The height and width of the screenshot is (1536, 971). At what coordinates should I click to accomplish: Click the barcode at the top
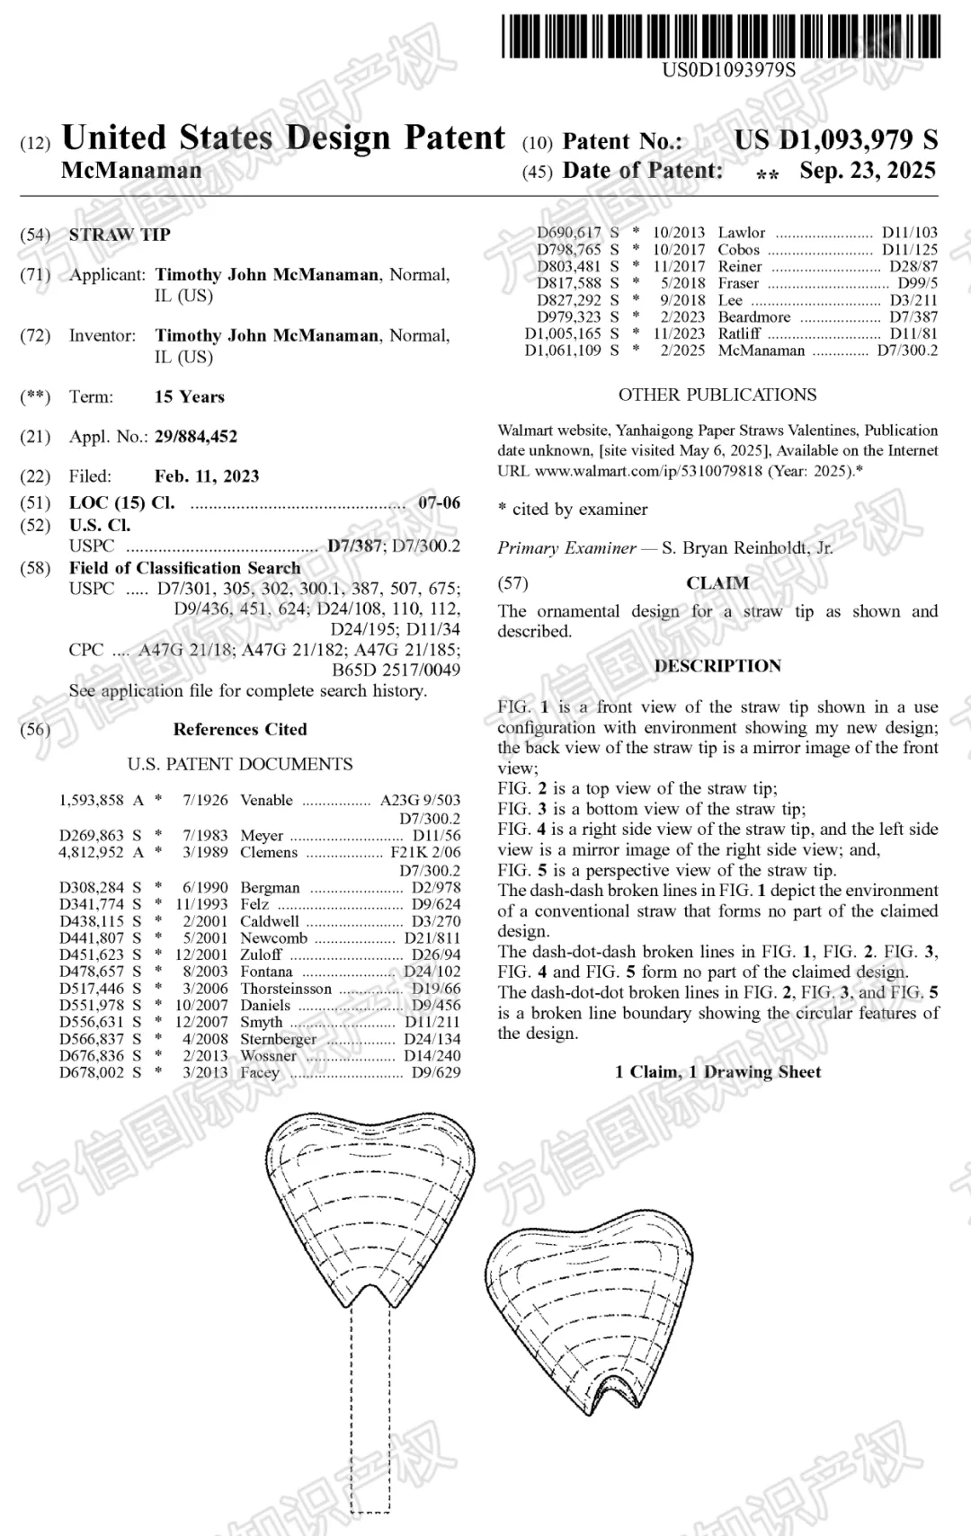pyautogui.click(x=721, y=36)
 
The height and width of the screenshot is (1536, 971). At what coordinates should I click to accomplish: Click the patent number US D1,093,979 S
pyautogui.click(x=835, y=139)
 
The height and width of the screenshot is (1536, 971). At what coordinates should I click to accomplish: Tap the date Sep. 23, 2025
pyautogui.click(x=868, y=171)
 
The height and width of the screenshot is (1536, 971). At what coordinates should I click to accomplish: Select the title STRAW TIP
pyautogui.click(x=120, y=235)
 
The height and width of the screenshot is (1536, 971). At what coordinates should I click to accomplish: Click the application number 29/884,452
pyautogui.click(x=196, y=437)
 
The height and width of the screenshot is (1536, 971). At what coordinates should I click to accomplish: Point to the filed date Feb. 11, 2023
pyautogui.click(x=207, y=476)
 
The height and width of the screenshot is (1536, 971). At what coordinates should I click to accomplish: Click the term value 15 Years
pyautogui.click(x=190, y=397)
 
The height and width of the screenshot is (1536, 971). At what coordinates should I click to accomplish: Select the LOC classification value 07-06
pyautogui.click(x=439, y=502)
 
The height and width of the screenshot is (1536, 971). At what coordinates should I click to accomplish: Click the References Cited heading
pyautogui.click(x=240, y=729)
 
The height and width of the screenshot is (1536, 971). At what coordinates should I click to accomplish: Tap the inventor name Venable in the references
pyautogui.click(x=266, y=800)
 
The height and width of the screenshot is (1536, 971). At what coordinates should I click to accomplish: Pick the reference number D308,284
pyautogui.click(x=92, y=887)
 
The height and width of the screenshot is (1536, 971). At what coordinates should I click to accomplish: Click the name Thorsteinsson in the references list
pyautogui.click(x=286, y=989)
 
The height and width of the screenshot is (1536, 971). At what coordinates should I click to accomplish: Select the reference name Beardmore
pyautogui.click(x=754, y=316)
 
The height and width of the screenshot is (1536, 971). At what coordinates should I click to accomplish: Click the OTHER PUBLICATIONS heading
pyautogui.click(x=717, y=395)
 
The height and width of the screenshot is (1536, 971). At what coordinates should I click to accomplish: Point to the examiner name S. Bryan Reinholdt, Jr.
pyautogui.click(x=747, y=547)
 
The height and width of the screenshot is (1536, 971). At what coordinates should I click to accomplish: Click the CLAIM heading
pyautogui.click(x=717, y=583)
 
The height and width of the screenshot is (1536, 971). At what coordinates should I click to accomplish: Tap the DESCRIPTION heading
pyautogui.click(x=717, y=666)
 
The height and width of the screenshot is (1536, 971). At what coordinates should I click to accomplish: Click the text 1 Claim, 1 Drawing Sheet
pyautogui.click(x=717, y=1071)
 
